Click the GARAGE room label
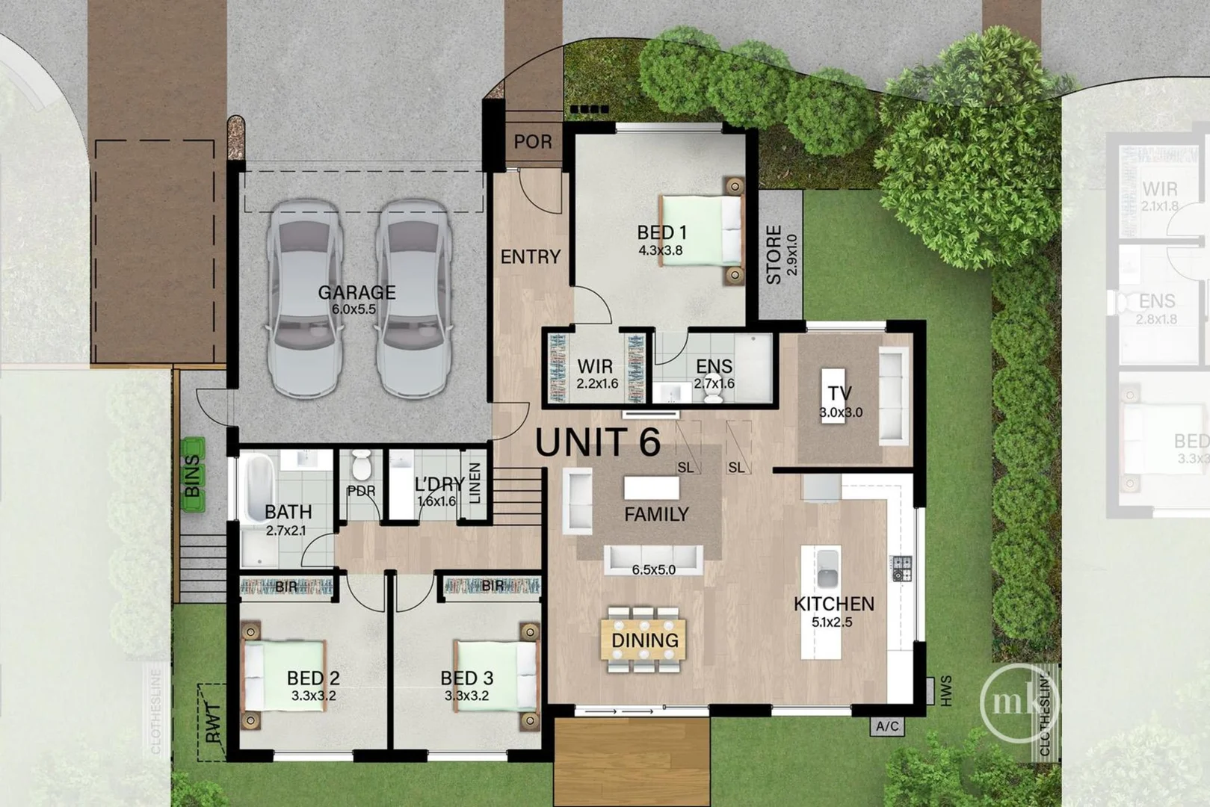tap(356, 292)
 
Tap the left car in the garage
tap(304, 299)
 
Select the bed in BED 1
tap(701, 233)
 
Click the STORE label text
tap(774, 255)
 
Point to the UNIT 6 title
tap(598, 442)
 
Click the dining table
tap(644, 640)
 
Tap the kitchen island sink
tap(827, 569)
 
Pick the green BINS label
tap(193, 476)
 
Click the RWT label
tap(212, 723)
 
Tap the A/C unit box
tap(887, 726)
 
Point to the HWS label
tap(946, 691)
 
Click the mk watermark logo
tap(1018, 702)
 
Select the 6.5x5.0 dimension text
tap(653, 569)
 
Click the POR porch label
tap(533, 142)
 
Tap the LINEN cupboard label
tap(475, 483)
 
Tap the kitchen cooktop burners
tap(902, 569)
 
